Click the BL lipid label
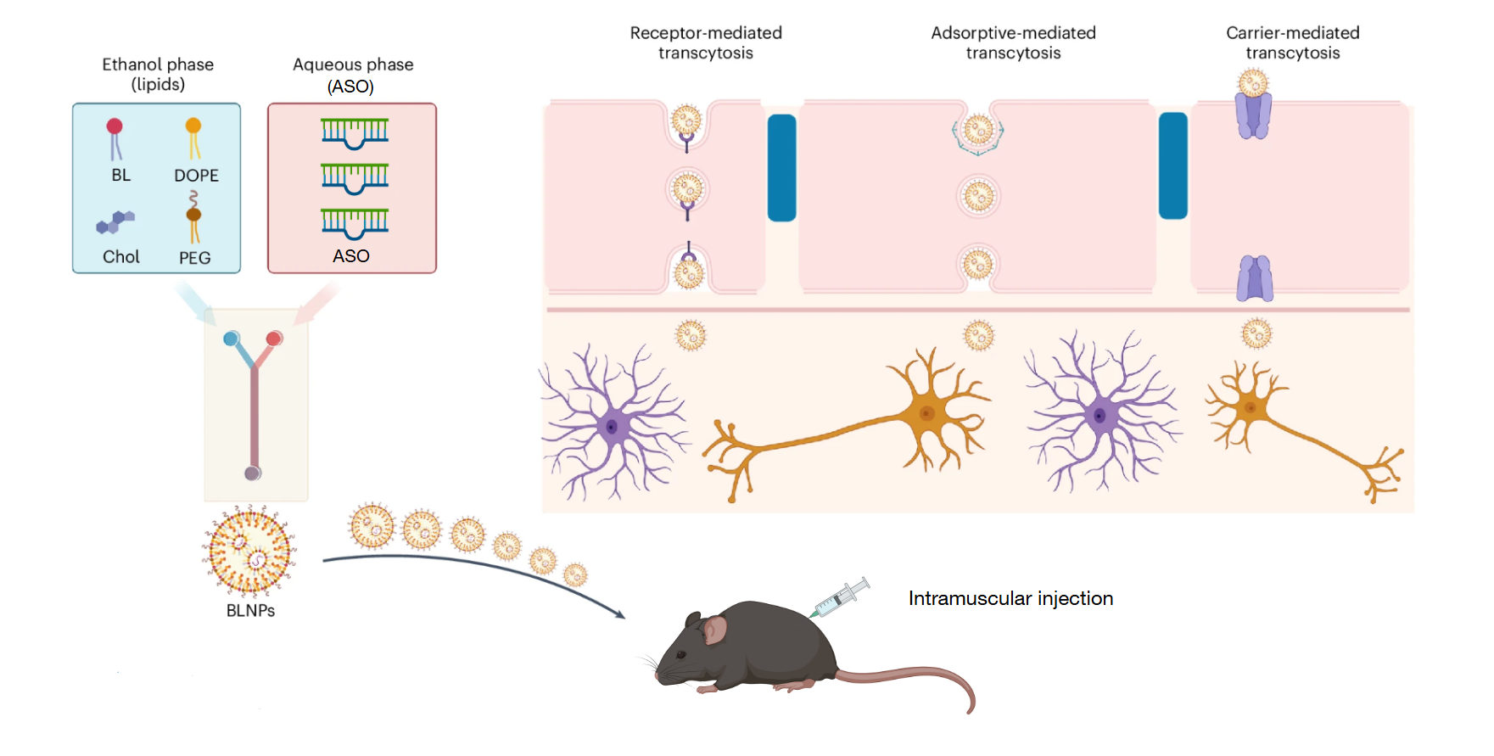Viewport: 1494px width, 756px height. tap(121, 175)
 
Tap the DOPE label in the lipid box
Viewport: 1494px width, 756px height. tap(196, 176)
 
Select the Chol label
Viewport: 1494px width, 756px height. tap(121, 256)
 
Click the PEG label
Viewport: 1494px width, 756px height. tap(194, 257)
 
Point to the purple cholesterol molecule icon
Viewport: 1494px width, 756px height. tap(115, 222)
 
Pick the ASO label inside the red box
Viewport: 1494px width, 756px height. tap(351, 255)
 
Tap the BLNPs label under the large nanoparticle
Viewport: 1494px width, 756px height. tap(250, 610)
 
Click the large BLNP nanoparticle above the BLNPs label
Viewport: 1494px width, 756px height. tap(249, 550)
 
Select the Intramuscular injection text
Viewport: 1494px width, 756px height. tap(1010, 598)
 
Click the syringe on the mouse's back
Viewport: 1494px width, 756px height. tap(840, 597)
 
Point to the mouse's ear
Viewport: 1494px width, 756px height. tap(715, 629)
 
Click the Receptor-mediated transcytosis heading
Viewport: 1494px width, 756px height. tap(706, 42)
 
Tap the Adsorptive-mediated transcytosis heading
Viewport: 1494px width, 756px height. tap(1013, 42)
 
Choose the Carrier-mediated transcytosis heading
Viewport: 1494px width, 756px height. tap(1292, 42)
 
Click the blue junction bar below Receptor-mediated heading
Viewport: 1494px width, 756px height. tap(781, 168)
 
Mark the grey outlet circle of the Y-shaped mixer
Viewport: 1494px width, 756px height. tap(253, 473)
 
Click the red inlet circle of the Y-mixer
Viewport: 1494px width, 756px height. tap(274, 339)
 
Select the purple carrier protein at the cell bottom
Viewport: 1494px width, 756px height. tap(1255, 279)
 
